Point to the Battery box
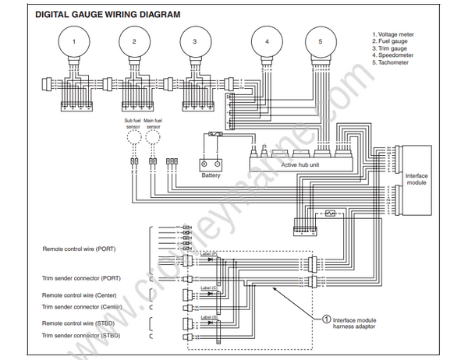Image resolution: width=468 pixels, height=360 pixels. [x=211, y=164]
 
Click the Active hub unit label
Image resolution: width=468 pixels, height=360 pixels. [x=303, y=166]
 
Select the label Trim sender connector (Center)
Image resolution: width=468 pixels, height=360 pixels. [x=83, y=306]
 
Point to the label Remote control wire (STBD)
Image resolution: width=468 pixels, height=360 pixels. [x=82, y=323]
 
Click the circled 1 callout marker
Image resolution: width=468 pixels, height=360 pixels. [x=326, y=319]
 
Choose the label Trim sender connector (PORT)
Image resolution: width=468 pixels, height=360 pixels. [x=81, y=278]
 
